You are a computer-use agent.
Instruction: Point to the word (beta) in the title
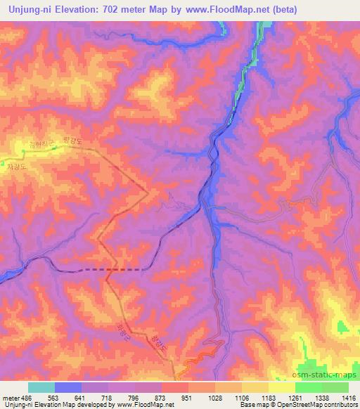click(281, 10)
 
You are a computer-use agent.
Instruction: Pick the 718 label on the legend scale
click(105, 397)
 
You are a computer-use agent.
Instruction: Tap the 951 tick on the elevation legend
click(186, 397)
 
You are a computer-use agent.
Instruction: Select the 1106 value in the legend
click(240, 397)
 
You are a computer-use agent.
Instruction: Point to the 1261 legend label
click(295, 397)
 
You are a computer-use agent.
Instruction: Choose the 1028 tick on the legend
click(214, 397)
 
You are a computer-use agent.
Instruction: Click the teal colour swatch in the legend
click(41, 387)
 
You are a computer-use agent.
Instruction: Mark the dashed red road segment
click(112, 269)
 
